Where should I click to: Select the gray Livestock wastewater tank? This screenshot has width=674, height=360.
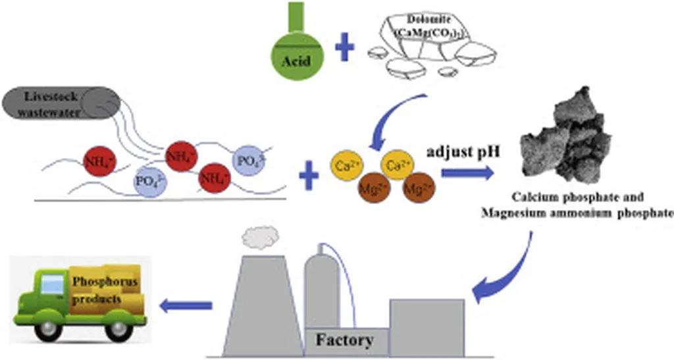[x=59, y=104]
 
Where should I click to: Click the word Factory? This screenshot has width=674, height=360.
[x=344, y=340]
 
